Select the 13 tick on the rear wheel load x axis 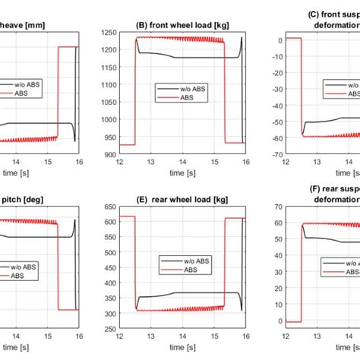pyautogui.click(x=150, y=341)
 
